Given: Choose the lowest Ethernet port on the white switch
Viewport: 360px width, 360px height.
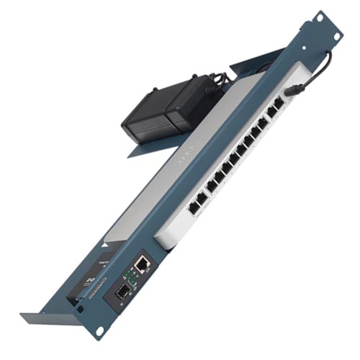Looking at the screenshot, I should (x=194, y=207).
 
